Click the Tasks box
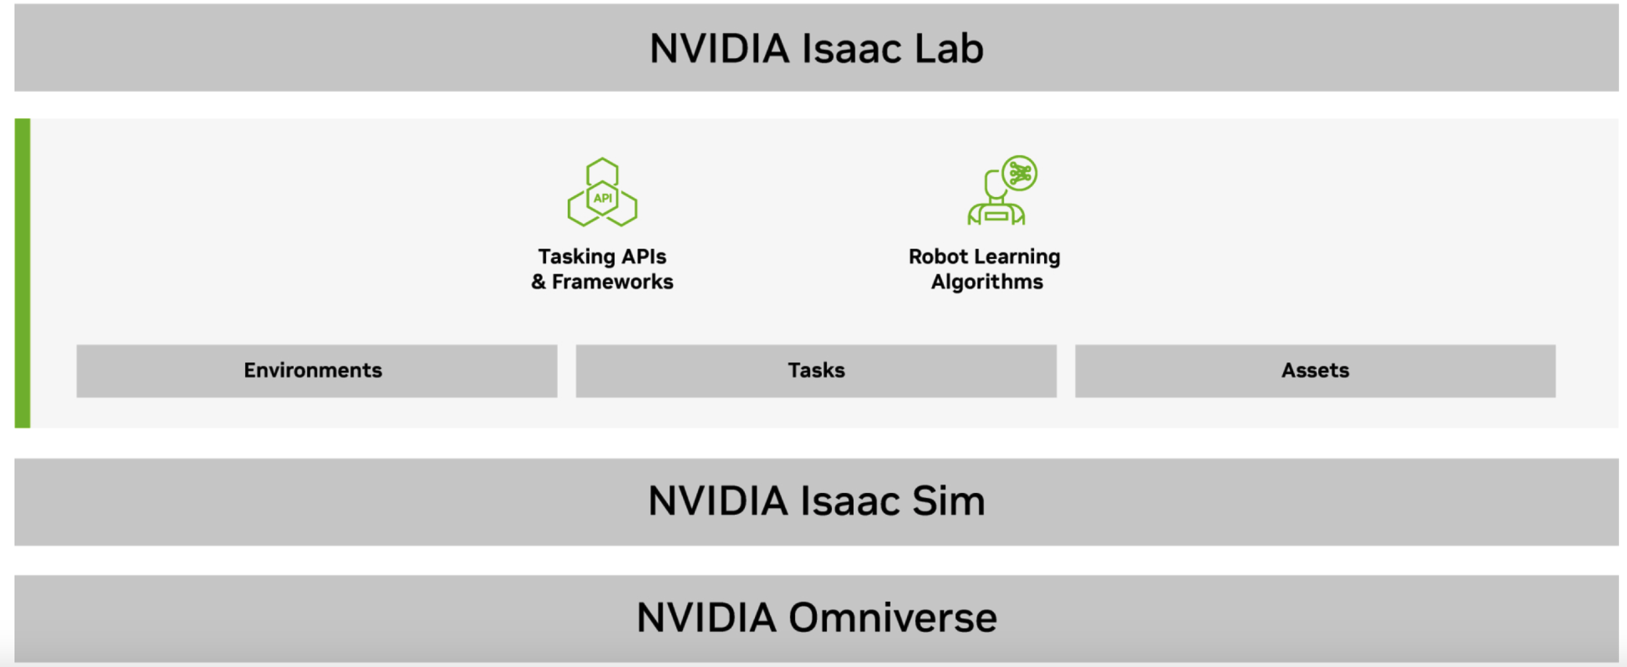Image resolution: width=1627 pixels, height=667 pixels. click(x=815, y=370)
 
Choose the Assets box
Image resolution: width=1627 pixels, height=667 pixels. click(x=1315, y=370)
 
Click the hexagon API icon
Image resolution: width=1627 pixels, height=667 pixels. click(x=602, y=192)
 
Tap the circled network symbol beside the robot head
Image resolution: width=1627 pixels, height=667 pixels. click(x=1020, y=173)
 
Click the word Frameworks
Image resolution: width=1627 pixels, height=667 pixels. click(x=613, y=282)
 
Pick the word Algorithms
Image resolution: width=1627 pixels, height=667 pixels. click(x=987, y=282)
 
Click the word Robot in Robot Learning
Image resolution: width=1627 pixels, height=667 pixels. click(x=938, y=256)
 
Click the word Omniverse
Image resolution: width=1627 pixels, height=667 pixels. click(x=893, y=618)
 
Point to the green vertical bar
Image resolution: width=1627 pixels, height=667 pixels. click(x=22, y=273)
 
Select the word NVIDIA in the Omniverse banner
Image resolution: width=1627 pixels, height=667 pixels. click(x=706, y=618)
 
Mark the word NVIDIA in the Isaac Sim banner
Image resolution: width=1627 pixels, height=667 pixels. click(x=718, y=501)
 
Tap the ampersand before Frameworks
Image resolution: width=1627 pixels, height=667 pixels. click(x=538, y=282)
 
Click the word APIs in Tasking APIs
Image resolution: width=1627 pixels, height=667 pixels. click(x=644, y=256)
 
